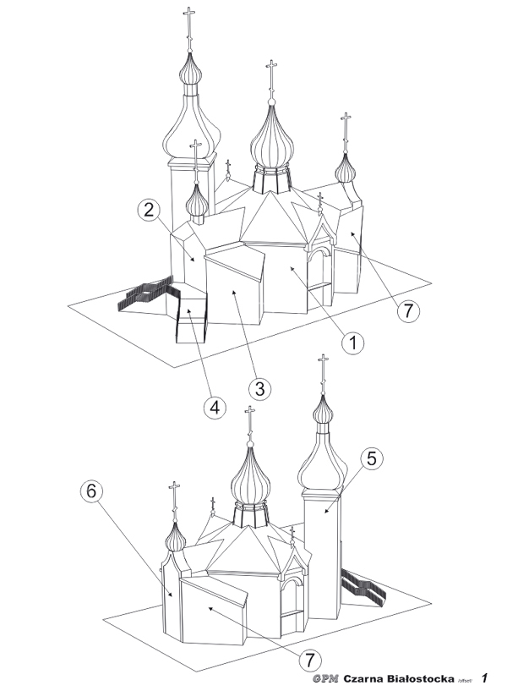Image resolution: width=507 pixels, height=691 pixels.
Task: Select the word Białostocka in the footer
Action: tap(417, 678)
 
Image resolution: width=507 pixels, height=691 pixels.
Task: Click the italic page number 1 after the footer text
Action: tap(485, 677)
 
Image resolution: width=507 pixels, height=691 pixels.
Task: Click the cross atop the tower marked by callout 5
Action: tap(322, 365)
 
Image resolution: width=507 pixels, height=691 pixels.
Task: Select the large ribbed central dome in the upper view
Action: tap(272, 139)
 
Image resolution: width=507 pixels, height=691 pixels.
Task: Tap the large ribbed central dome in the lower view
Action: tap(250, 478)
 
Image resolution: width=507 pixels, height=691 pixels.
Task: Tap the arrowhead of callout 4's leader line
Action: tap(188, 310)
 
